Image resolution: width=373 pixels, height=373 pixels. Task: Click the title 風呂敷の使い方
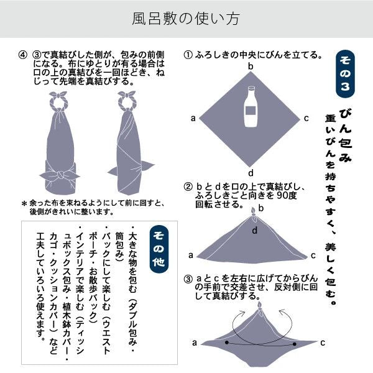coord(186,19)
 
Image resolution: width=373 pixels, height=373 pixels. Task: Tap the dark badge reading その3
coord(347,75)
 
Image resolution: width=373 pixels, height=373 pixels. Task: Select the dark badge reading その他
coord(159,247)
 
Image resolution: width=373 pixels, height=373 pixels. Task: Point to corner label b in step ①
coord(251,67)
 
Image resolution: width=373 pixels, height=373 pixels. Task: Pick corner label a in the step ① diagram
coord(194,118)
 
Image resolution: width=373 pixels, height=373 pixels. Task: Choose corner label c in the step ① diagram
coord(306,118)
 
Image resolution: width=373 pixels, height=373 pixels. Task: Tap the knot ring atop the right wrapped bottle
coord(130,98)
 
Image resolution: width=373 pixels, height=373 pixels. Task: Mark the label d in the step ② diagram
coord(255,231)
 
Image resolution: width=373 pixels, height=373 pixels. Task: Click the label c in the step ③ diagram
coord(323,343)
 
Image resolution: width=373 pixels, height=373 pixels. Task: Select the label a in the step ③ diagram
coord(194,343)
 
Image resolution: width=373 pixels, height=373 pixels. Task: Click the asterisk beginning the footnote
coord(24,204)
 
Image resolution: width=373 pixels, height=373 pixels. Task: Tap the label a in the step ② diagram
coord(190,255)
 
